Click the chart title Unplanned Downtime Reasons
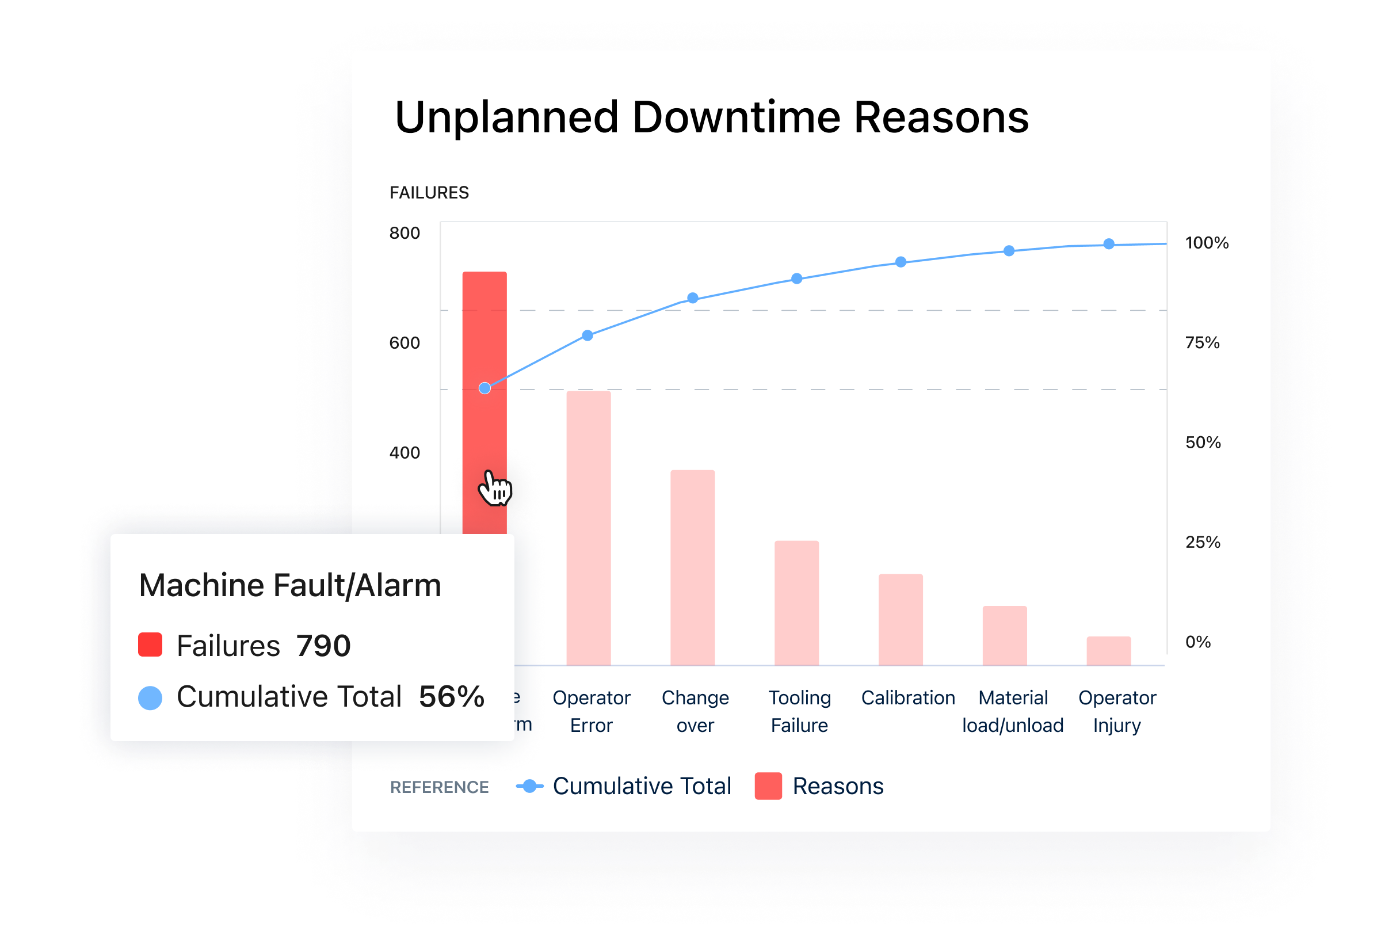[711, 117]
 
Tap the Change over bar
[692, 567]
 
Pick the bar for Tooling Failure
[796, 602]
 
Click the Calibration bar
[901, 619]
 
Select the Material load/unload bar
[1004, 635]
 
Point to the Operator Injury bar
[1108, 651]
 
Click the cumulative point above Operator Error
[588, 336]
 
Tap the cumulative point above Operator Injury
[1109, 244]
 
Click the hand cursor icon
[494, 489]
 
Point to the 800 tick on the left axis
[405, 233]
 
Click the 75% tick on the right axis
[1202, 343]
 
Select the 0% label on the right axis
[1198, 642]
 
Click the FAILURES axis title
[429, 193]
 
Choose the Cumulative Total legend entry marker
[529, 786]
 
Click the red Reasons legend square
[768, 786]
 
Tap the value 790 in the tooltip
[323, 646]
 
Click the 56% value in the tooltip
[452, 697]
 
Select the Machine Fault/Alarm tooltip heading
[290, 585]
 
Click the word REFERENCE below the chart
[439, 787]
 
